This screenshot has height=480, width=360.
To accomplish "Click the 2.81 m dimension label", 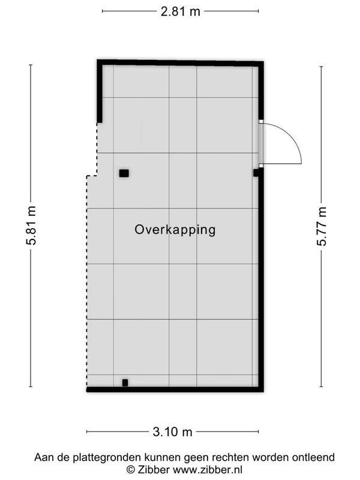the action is pos(181,11).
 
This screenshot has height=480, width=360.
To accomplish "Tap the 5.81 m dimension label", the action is pos(32,226).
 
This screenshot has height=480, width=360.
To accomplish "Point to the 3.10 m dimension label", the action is pos(172,432).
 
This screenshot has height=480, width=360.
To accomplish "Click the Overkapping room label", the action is pos(175,230).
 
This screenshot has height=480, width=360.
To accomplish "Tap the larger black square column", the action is pos(124,173).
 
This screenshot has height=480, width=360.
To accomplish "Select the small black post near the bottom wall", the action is pos(125,383).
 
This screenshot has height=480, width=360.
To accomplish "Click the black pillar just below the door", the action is pos(256,173).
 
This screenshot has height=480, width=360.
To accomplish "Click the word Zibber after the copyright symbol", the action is pos(154,469).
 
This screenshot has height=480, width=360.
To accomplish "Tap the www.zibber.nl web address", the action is pos(208,469).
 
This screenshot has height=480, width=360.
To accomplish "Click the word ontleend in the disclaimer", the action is pos(313,457).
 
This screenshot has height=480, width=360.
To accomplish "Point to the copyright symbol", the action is pos(131,470).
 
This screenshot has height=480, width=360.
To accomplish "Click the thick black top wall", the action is pos(181,63).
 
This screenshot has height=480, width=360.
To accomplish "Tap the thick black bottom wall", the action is pos(175,389).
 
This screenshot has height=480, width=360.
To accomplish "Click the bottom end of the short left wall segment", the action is pos(100,122).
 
